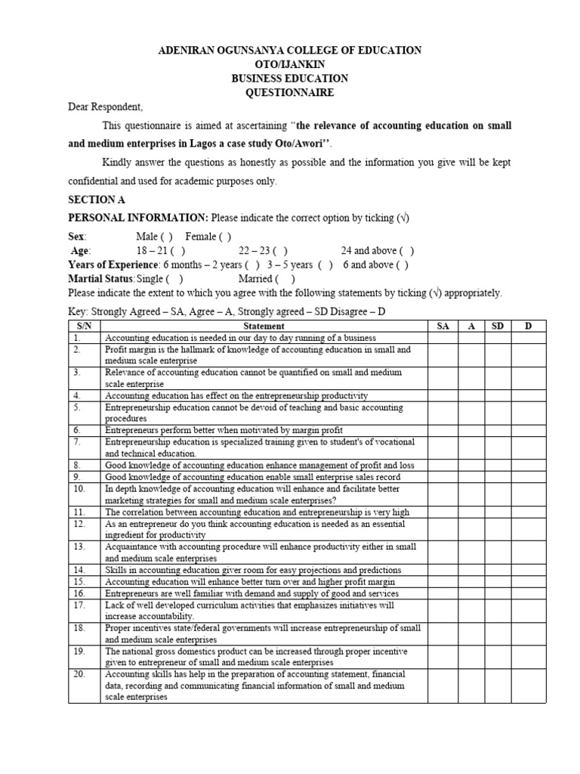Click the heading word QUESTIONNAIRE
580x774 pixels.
pos(290,93)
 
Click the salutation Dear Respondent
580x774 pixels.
pos(105,107)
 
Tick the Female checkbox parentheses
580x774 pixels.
pos(225,237)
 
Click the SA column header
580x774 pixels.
pos(443,326)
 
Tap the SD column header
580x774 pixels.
pos(498,326)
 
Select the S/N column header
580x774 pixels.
pos(84,326)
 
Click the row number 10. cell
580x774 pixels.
pos(80,489)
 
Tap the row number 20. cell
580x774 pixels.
pos(80,674)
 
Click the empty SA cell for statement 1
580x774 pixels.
pos(443,338)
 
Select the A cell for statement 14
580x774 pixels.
pos(470,569)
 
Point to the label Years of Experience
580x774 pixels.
pos(113,265)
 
